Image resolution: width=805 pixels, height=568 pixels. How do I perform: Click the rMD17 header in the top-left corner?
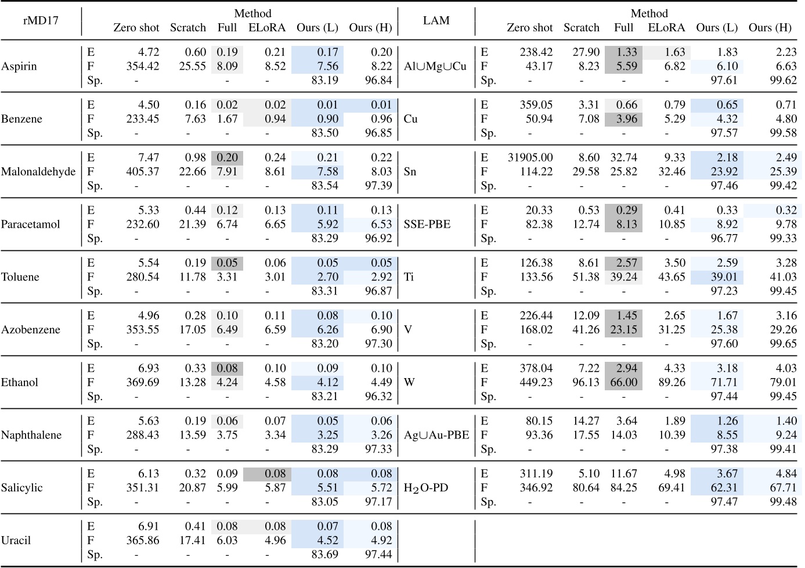pos(41,20)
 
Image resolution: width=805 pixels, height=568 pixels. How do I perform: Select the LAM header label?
pos(436,20)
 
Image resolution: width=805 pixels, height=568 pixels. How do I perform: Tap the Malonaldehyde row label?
pos(38,172)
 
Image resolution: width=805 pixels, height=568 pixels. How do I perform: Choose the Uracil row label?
pos(16,541)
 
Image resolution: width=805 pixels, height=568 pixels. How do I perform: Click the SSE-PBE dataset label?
pos(427,225)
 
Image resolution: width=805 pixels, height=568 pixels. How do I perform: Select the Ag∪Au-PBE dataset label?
pos(436,436)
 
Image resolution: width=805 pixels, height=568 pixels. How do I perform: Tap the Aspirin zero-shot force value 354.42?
pos(143,66)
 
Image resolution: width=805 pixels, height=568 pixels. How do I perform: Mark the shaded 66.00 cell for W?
pos(624,383)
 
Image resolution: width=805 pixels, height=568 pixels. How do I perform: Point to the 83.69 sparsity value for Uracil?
pos(325,555)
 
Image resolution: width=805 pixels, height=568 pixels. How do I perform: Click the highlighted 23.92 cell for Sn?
pos(724,172)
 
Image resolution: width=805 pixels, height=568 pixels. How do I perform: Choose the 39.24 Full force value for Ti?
pos(624,277)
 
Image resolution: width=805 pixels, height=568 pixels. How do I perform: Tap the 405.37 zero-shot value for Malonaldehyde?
pos(143,172)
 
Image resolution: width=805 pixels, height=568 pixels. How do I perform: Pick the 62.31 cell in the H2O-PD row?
pos(724,488)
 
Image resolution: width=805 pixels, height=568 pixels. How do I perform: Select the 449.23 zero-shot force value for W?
pos(536,383)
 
